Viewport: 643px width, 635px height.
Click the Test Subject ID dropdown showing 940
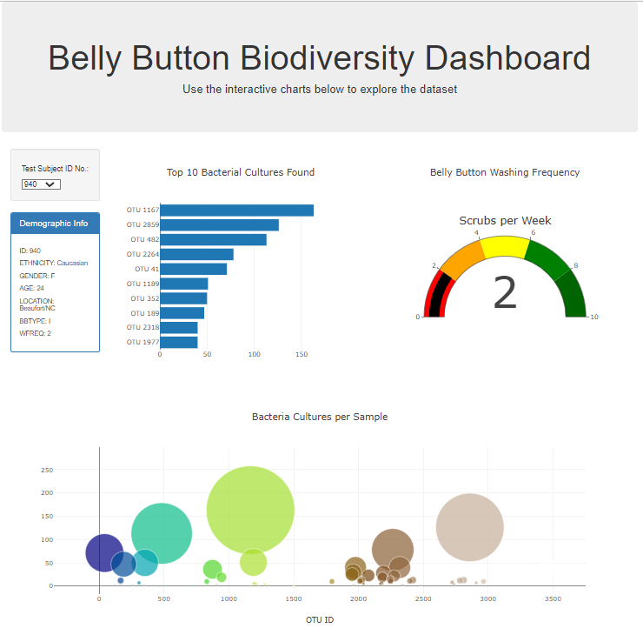41,184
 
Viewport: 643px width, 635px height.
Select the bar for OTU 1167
236,211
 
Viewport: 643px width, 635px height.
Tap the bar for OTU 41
193,269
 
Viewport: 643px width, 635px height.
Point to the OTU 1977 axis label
143,342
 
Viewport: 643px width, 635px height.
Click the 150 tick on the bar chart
302,354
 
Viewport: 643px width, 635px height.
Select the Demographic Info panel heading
55,224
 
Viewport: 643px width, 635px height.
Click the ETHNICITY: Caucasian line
53,263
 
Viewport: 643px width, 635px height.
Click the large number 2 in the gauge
505,293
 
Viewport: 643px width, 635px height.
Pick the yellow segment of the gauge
504,247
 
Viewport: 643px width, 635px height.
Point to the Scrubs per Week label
505,221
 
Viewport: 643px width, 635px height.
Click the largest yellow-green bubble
250,511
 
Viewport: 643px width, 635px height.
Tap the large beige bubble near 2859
470,527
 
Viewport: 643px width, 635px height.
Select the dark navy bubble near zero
104,552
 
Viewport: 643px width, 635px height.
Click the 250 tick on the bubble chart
48,470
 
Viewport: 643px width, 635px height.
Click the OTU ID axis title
320,620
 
